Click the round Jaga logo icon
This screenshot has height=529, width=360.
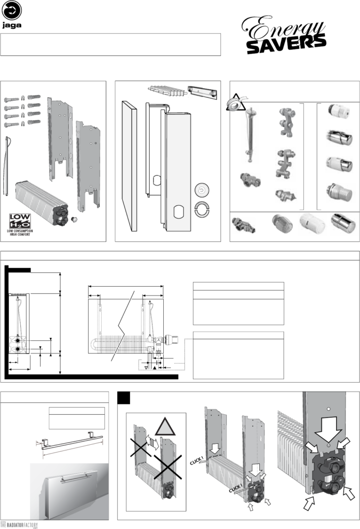click(12, 10)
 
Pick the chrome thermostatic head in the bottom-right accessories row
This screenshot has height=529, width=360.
click(343, 223)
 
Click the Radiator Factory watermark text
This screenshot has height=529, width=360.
click(21, 524)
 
